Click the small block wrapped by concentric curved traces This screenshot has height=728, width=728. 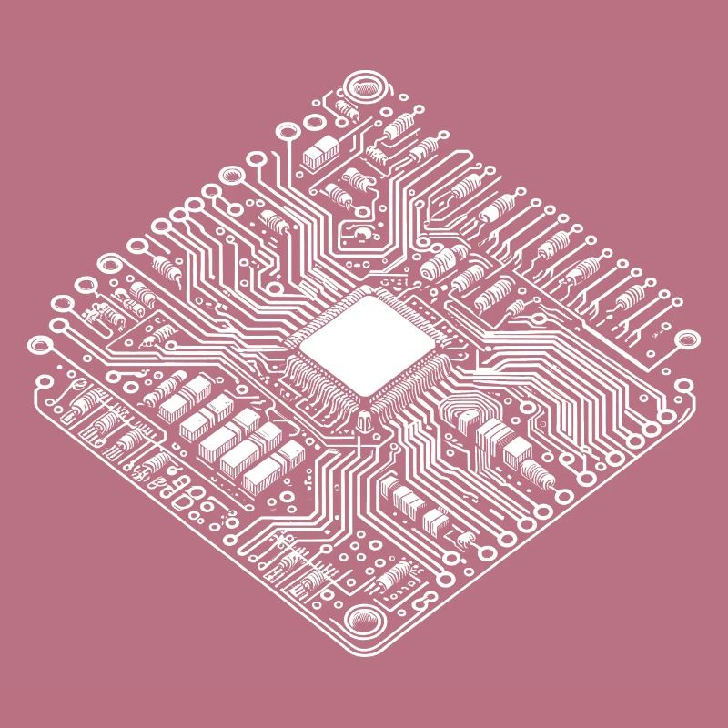(x=465, y=420)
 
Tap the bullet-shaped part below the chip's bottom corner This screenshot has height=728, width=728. (x=364, y=420)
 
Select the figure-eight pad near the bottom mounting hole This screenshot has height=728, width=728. (x=421, y=600)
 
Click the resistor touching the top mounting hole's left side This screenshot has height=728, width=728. (x=344, y=111)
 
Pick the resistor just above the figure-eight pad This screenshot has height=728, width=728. (x=397, y=576)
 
